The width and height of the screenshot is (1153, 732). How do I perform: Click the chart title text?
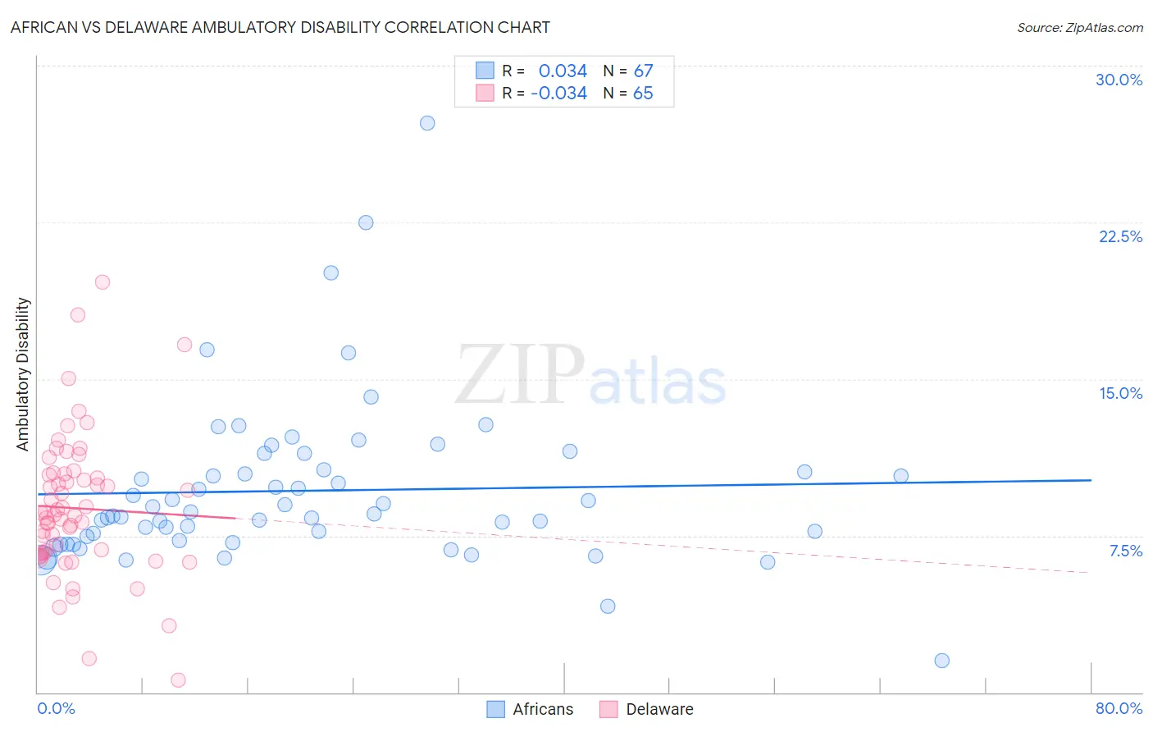point(280,27)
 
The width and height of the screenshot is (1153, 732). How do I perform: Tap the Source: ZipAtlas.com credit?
point(1079,27)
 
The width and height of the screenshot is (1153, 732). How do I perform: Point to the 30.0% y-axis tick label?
point(1119,80)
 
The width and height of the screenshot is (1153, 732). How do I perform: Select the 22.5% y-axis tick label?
point(1120,236)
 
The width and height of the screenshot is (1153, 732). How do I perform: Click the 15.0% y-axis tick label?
point(1120,393)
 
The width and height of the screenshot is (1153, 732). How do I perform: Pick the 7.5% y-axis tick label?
point(1125,551)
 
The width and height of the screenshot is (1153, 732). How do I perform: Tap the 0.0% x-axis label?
point(56,708)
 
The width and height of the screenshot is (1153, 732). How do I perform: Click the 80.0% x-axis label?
point(1119,708)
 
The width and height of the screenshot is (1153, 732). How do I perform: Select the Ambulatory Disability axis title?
point(23,374)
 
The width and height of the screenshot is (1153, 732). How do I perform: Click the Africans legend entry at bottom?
point(530,709)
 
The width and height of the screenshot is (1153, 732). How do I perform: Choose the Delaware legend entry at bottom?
point(646,709)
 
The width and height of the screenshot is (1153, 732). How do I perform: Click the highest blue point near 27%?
point(427,123)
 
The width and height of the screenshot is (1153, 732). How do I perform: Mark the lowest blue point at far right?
point(941,661)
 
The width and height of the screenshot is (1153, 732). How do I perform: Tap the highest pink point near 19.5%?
point(103,282)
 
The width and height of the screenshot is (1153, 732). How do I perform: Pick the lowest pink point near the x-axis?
point(178,679)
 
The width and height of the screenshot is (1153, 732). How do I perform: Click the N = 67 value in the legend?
point(627,71)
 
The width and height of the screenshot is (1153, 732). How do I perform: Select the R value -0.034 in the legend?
point(558,94)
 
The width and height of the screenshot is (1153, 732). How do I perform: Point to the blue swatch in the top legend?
point(485,71)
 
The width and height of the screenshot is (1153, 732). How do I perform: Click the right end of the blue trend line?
point(1091,480)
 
